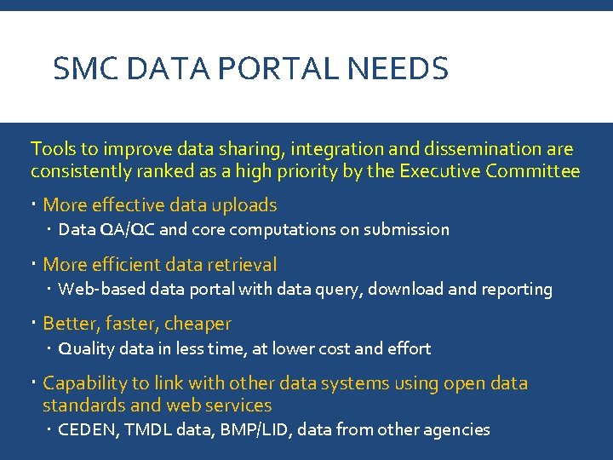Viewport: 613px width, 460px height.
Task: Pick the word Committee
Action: point(533,171)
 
